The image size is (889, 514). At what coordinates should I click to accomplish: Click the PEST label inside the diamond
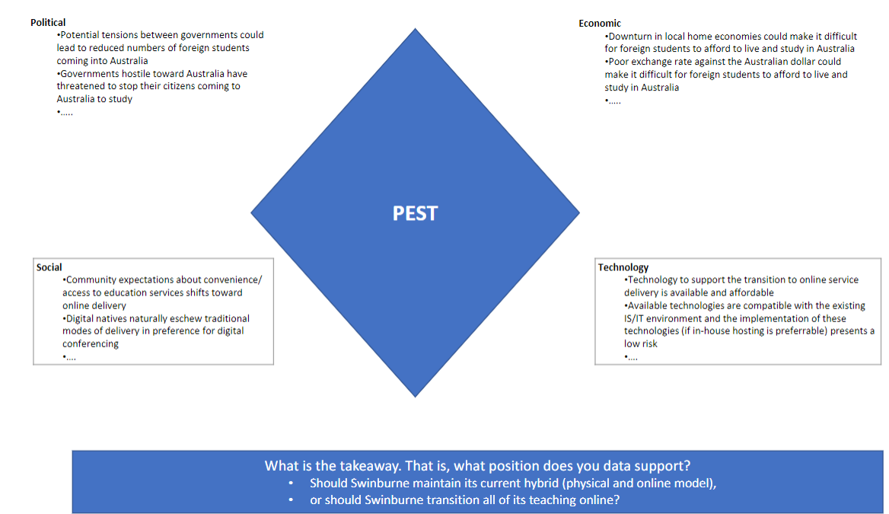(x=415, y=213)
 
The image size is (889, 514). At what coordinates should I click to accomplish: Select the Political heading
(x=48, y=23)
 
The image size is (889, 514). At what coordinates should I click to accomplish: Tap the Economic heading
(x=599, y=24)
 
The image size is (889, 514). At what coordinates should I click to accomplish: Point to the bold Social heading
(x=49, y=267)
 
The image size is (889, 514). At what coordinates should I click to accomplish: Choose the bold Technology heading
(x=623, y=267)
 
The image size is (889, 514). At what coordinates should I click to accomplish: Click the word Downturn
(x=630, y=37)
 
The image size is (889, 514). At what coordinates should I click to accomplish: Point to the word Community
(x=91, y=279)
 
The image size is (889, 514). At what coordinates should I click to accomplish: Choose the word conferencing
(x=91, y=343)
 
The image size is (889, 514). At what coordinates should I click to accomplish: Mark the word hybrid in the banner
(x=543, y=484)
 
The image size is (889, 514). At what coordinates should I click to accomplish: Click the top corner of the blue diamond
(x=415, y=28)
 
